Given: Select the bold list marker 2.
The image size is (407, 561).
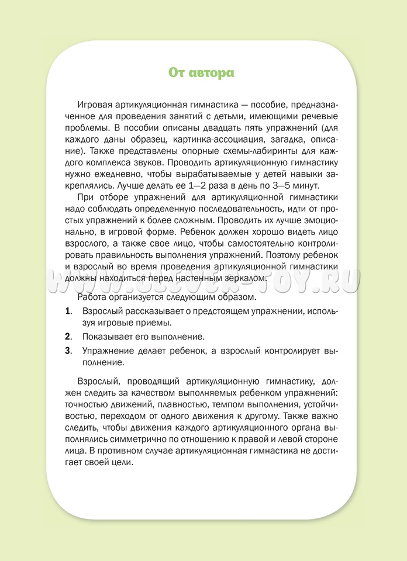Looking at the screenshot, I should (x=68, y=337).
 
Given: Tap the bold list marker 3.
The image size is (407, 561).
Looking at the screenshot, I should (x=68, y=351).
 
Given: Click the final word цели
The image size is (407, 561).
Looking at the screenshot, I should (x=124, y=460).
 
